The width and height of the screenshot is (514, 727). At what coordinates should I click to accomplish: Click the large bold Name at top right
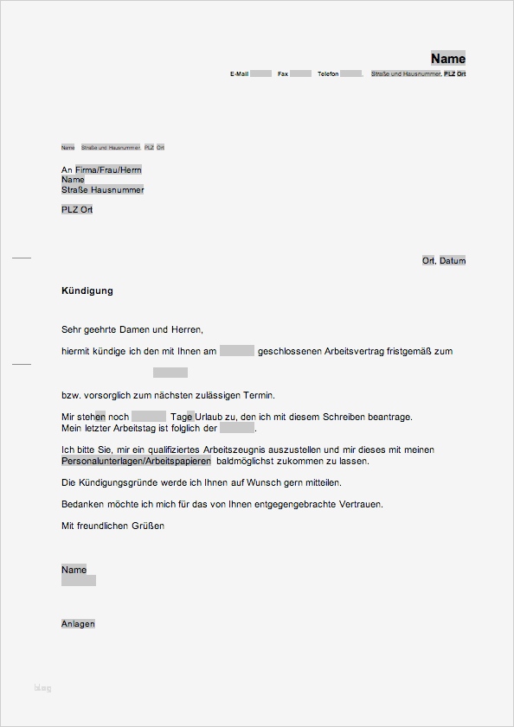click(x=448, y=59)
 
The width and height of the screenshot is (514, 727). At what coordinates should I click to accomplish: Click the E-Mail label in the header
click(x=239, y=74)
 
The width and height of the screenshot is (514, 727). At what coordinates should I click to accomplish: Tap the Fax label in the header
click(x=282, y=74)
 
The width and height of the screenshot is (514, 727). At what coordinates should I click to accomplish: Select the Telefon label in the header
click(x=328, y=74)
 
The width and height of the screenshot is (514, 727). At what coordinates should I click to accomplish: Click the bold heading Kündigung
click(x=87, y=290)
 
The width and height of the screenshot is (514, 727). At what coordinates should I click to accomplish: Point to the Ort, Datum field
click(x=444, y=260)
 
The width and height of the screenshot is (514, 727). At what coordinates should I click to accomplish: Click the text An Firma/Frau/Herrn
click(x=101, y=170)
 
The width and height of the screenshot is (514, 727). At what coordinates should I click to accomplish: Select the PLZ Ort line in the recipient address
click(x=77, y=210)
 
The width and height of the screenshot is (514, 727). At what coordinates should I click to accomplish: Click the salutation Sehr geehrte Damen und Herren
click(x=132, y=329)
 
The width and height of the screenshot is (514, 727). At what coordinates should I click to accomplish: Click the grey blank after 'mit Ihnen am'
click(x=236, y=351)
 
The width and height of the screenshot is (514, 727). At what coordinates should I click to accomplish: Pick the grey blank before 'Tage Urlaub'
click(x=149, y=417)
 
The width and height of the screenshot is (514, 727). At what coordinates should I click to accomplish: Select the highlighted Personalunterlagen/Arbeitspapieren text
click(x=136, y=462)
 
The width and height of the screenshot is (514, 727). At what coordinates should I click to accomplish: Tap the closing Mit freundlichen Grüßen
click(x=112, y=526)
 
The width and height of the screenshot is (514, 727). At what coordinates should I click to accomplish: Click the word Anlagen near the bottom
click(x=78, y=623)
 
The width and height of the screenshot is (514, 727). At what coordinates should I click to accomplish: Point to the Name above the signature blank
click(x=74, y=570)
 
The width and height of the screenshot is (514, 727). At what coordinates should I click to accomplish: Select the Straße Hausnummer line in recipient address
click(x=102, y=189)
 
